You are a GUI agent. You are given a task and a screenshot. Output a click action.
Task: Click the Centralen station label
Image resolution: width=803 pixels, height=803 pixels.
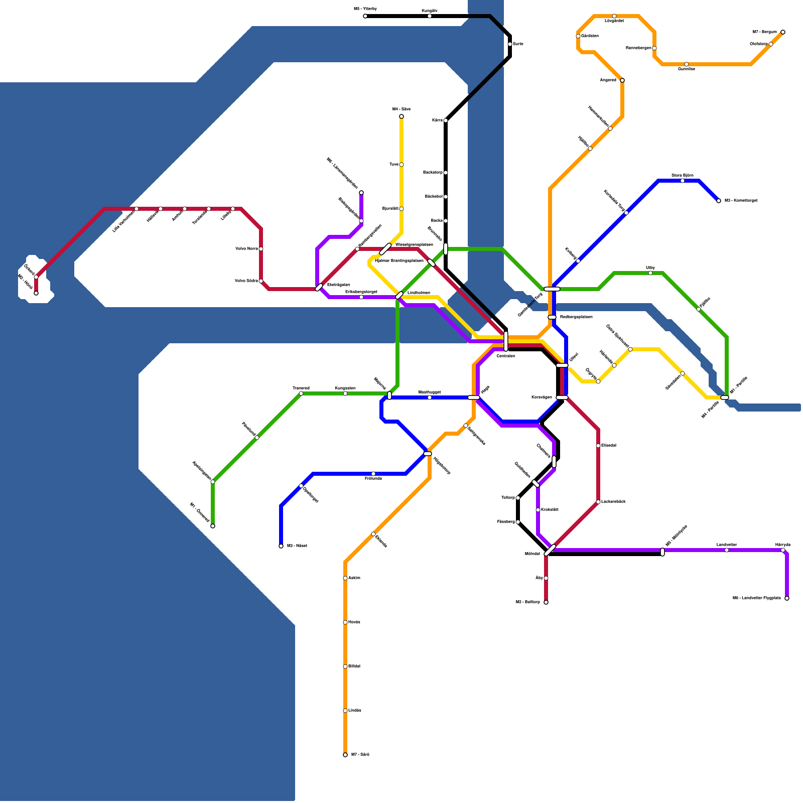coord(505,356)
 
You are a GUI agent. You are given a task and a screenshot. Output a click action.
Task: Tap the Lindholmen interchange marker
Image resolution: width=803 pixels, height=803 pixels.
coord(399,295)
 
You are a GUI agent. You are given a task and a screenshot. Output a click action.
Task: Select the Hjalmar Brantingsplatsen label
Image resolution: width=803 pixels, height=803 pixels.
coord(399,260)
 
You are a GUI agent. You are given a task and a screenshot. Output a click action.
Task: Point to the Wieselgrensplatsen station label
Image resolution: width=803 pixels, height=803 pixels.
coord(414,244)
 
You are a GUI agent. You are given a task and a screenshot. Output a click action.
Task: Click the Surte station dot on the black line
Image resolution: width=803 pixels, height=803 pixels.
coord(510,44)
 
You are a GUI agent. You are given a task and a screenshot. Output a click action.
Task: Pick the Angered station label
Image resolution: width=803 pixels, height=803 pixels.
coord(608,80)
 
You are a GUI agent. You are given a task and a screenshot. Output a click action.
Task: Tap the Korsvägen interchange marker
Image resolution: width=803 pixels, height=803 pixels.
coord(562,397)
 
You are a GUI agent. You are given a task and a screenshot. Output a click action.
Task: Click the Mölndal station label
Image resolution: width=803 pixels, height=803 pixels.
coord(532,554)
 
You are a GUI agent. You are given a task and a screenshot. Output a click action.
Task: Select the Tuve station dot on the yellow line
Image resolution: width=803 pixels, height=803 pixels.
coord(401,165)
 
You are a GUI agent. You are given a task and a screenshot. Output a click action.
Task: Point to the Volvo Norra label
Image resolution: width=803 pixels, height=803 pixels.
coord(246,248)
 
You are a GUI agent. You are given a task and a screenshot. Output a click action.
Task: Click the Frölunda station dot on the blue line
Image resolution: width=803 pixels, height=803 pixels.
coord(373,474)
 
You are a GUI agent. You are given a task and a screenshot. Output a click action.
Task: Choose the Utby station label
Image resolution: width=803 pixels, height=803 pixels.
coord(650,268)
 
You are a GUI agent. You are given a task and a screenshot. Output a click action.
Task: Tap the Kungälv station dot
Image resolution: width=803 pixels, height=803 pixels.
coord(430,16)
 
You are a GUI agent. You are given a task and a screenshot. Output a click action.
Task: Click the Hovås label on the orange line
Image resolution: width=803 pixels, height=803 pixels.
coord(354,622)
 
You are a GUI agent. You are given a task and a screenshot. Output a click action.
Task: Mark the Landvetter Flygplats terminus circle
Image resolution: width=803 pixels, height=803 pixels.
coord(787,598)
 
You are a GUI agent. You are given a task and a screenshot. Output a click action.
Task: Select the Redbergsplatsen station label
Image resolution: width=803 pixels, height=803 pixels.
coord(576,317)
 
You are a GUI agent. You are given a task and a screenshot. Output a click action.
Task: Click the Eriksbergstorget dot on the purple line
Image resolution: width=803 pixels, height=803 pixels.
coord(361,297)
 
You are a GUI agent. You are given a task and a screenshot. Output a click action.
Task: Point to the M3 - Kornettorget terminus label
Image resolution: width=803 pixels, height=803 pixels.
coord(741,200)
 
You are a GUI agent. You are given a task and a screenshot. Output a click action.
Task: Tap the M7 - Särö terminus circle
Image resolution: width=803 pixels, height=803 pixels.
coord(345,755)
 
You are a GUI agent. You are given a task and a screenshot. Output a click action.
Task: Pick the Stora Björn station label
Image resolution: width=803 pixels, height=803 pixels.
coord(682,175)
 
